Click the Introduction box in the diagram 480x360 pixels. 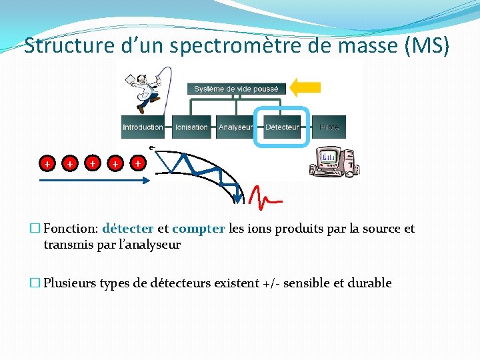tap(143, 127)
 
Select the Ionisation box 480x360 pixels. tap(191, 127)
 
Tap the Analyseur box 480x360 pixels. tap(236, 127)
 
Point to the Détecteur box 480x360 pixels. tap(283, 127)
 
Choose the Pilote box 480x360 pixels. tap(329, 127)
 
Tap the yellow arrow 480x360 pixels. tap(307, 87)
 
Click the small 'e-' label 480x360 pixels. tap(152, 147)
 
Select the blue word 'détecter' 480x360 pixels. tap(128, 229)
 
